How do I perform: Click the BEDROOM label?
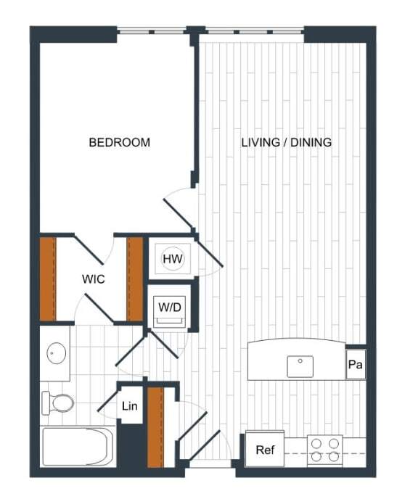click(x=119, y=142)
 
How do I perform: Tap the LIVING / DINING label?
click(x=286, y=142)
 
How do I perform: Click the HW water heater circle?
click(x=172, y=258)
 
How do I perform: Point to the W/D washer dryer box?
click(x=170, y=307)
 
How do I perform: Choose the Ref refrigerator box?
click(x=264, y=450)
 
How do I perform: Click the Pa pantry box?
click(x=356, y=365)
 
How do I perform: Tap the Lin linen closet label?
click(x=131, y=407)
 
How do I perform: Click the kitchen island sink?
click(x=300, y=366)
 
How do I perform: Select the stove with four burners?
click(x=324, y=450)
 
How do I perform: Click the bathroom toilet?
click(x=58, y=402)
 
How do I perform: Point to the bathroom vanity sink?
click(x=56, y=354)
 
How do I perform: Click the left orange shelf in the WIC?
click(x=48, y=279)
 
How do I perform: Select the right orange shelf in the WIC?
click(x=134, y=279)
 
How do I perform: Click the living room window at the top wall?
click(x=254, y=31)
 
